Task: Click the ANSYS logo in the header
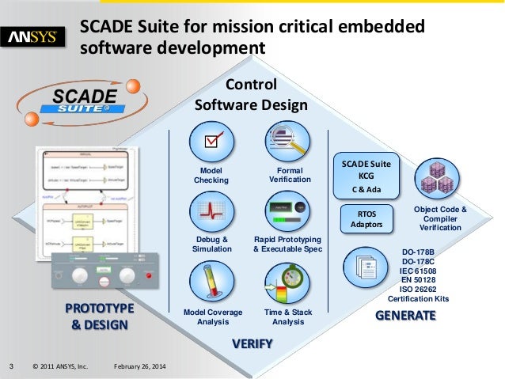[x=36, y=37]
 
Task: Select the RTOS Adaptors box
[x=366, y=218]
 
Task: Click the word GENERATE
[x=404, y=316]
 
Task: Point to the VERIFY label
[x=252, y=343]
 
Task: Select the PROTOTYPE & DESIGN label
[x=100, y=315]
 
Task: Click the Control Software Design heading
[x=252, y=94]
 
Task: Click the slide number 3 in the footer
[x=11, y=366]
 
